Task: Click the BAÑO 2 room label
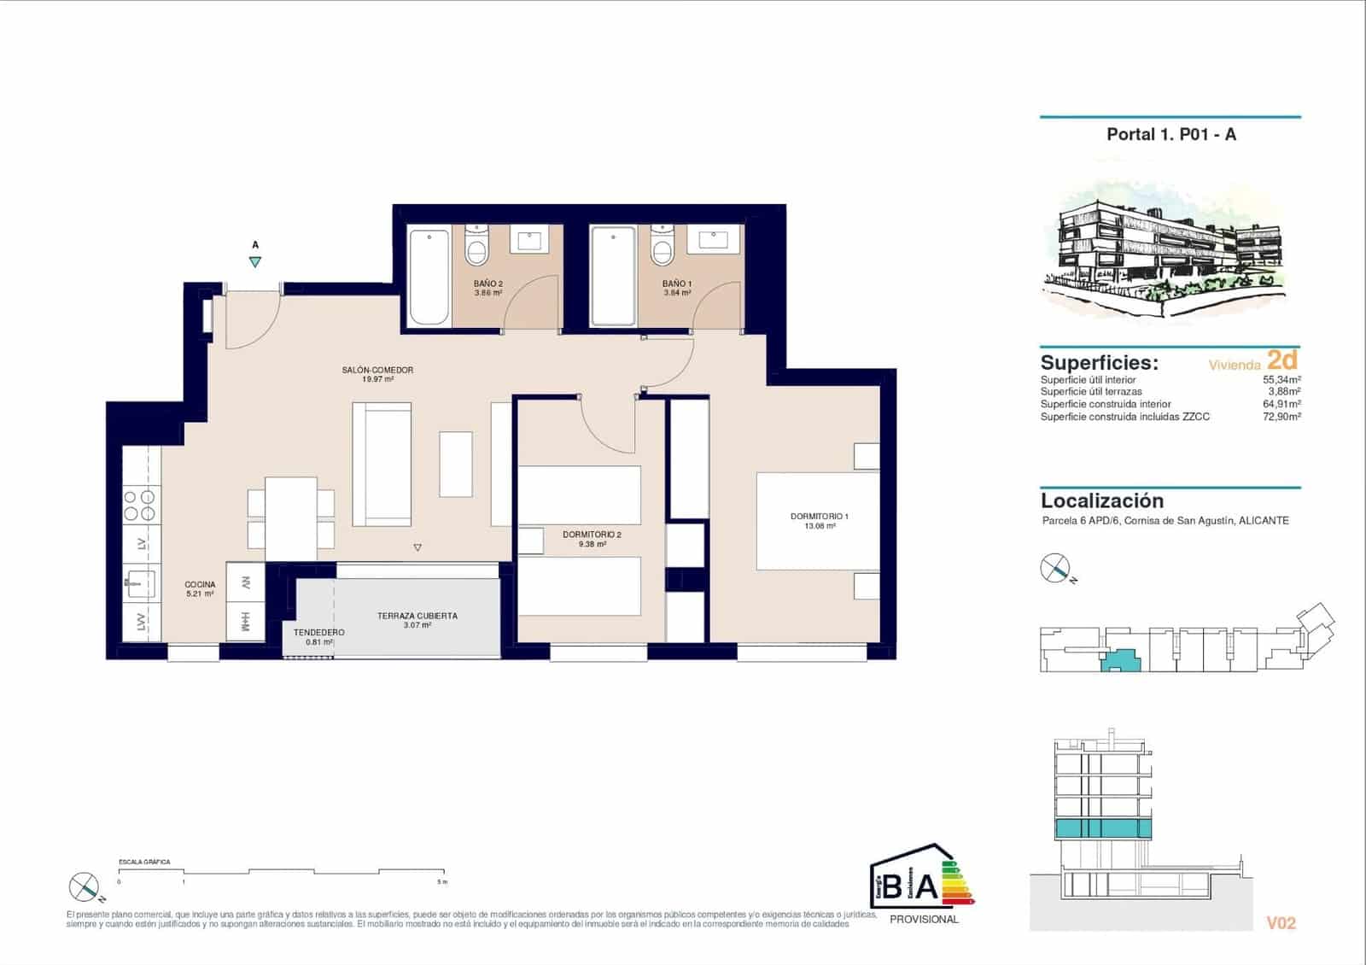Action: point(488,284)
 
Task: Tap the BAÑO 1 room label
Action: point(677,284)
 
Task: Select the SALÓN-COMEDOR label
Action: point(377,370)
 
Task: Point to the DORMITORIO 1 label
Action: point(820,517)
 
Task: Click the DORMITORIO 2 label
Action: point(592,535)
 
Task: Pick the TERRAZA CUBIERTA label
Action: point(417,616)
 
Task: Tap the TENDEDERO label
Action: point(318,633)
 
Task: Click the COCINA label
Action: point(200,585)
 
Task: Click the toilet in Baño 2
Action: point(476,248)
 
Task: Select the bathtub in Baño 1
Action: point(613,275)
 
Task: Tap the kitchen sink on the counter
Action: point(140,585)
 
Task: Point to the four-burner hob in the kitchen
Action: point(140,505)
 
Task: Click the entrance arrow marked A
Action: point(255,262)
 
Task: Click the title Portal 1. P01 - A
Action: point(1170,134)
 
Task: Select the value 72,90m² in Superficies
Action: point(1281,417)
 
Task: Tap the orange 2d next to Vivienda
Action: point(1282,360)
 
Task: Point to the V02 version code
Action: point(1281,922)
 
